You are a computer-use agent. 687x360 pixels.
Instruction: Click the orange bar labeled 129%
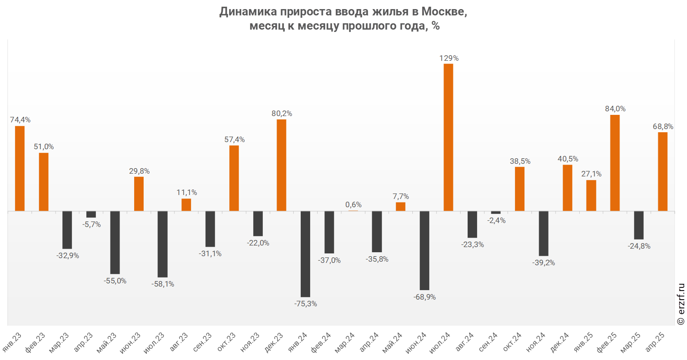click(x=448, y=137)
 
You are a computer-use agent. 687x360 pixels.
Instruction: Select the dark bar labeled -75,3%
click(x=305, y=254)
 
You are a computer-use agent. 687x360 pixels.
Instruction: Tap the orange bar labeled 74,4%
click(x=20, y=168)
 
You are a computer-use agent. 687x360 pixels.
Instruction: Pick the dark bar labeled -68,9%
click(x=425, y=250)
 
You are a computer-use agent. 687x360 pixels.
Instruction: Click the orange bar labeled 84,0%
click(x=615, y=163)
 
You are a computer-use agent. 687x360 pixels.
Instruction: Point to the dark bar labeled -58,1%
click(x=163, y=244)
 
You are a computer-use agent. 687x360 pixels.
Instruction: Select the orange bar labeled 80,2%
click(x=281, y=165)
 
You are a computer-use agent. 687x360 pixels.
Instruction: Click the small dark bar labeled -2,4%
click(x=496, y=212)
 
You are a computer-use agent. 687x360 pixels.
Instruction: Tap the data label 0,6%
click(x=353, y=204)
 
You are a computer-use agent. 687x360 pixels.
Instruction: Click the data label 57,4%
click(x=234, y=139)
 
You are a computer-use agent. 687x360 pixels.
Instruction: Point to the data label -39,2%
click(x=543, y=262)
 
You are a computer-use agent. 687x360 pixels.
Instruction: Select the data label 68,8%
click(x=663, y=126)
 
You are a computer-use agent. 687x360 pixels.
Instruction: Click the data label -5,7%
click(x=92, y=224)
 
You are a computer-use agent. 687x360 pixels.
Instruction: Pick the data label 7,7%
click(x=401, y=196)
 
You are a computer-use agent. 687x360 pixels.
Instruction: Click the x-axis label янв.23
click(x=12, y=342)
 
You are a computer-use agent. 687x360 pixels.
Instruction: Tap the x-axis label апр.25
click(x=655, y=342)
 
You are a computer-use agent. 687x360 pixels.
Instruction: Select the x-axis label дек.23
click(x=274, y=342)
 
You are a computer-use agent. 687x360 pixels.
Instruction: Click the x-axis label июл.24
click(x=440, y=342)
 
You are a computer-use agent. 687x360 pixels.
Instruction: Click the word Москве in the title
click(x=444, y=11)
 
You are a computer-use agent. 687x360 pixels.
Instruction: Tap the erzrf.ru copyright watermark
click(x=681, y=304)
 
